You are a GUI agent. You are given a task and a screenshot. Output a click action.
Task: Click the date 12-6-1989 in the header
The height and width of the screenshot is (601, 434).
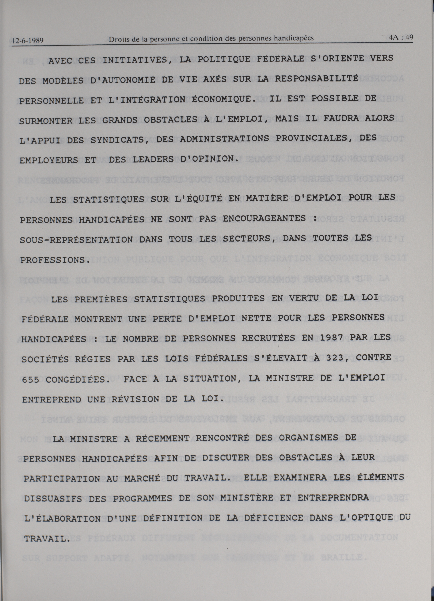pyautogui.click(x=28, y=41)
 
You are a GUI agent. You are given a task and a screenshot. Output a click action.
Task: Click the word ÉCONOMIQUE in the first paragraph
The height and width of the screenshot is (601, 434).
pyautogui.click(x=224, y=99)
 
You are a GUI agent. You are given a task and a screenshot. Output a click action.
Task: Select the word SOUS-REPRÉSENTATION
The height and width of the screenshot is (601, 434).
pyautogui.click(x=76, y=239)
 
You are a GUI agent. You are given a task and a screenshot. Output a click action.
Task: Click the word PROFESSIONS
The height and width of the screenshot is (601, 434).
pyautogui.click(x=54, y=260)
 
